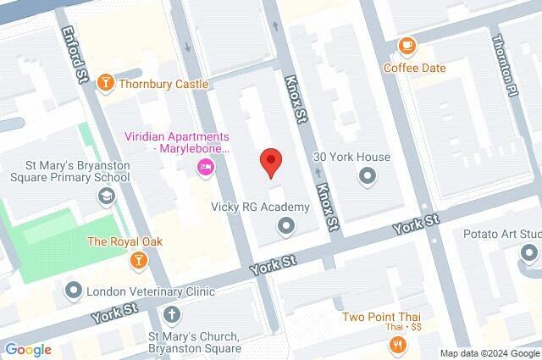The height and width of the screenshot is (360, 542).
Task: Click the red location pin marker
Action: point(270,161)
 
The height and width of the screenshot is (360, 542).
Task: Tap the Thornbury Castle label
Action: point(163,84)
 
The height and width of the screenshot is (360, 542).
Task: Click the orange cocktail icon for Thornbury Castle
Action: point(105,83)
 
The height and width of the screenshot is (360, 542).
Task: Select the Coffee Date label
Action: point(412,66)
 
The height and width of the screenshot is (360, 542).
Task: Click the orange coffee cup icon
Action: point(407,45)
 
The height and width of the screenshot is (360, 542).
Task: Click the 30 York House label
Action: point(351,157)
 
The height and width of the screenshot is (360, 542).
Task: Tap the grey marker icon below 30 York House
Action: point(368,176)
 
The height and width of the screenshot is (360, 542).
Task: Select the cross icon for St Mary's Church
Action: point(173,315)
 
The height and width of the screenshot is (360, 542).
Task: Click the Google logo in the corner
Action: point(28,350)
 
